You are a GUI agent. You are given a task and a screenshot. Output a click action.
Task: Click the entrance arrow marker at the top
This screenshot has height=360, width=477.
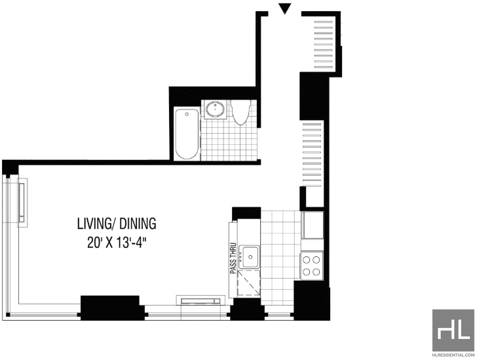tap(285, 9)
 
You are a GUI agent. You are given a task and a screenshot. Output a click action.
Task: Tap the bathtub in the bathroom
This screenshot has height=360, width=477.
tap(187, 133)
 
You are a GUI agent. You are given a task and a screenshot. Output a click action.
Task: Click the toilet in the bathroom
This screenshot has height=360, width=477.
tap(240, 112)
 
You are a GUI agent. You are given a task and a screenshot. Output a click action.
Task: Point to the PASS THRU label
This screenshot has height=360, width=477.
tap(233, 258)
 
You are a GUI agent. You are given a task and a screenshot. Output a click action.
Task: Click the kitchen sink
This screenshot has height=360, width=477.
tap(250, 256)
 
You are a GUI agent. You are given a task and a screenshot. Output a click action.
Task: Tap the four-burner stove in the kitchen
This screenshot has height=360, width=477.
tap(312, 266)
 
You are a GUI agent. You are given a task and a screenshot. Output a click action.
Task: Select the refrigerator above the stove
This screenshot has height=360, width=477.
tap(313, 225)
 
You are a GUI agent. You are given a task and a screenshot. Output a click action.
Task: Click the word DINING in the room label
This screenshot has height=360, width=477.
tap(138, 224)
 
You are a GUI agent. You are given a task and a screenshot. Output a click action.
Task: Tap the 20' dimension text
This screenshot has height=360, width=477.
tap(94, 243)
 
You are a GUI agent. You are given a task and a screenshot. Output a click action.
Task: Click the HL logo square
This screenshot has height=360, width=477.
tap(453, 330)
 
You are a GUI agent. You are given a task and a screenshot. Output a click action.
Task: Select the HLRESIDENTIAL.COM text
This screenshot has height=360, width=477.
tap(453, 355)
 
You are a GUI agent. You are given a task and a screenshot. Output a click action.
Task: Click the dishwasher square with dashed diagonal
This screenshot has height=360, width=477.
tap(249, 284)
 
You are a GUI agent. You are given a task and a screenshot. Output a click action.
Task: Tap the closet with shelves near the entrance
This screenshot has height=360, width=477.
tap(324, 43)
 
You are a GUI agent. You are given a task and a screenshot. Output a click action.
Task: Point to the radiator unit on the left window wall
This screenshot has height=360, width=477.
tap(22, 203)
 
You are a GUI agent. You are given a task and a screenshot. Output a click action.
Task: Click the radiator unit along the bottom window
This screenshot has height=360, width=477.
tap(200, 300)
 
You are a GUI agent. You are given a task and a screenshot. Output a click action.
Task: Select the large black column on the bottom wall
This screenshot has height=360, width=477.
tap(110, 308)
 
